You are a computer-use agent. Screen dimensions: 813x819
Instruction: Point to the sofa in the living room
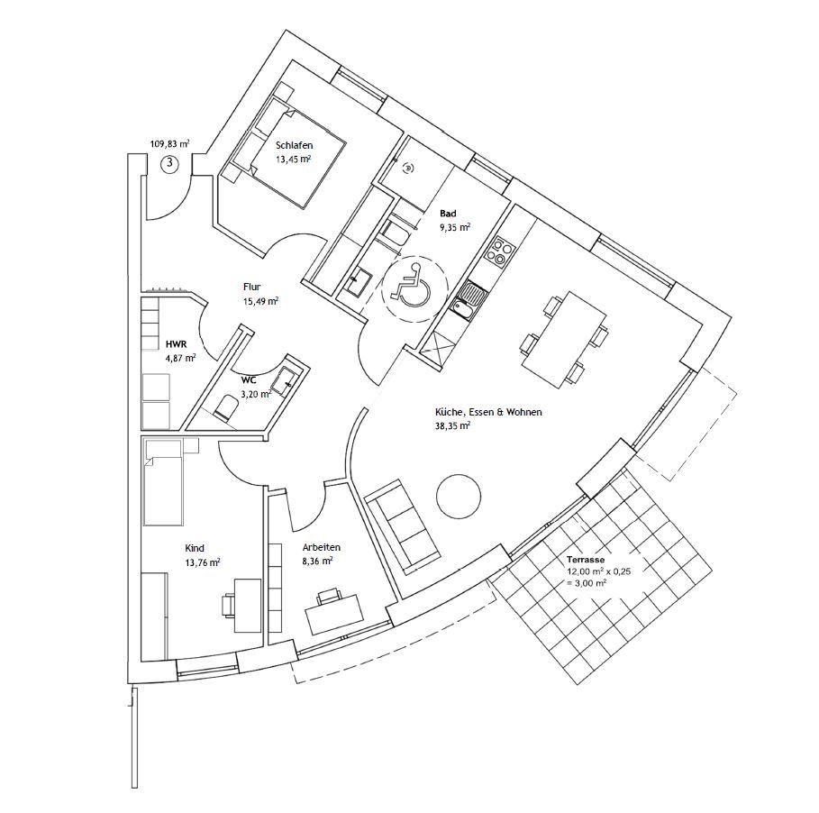pos(403,525)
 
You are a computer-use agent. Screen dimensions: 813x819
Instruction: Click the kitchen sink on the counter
pos(468,301)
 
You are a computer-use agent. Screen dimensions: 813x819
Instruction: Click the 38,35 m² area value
pos(452,426)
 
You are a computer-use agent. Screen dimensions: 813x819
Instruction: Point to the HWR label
pos(175,344)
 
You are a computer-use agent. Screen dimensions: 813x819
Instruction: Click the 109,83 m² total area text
pos(169,143)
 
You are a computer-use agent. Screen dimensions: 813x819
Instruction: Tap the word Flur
pos(251,287)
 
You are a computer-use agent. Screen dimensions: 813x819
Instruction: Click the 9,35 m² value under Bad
pos(453,228)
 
